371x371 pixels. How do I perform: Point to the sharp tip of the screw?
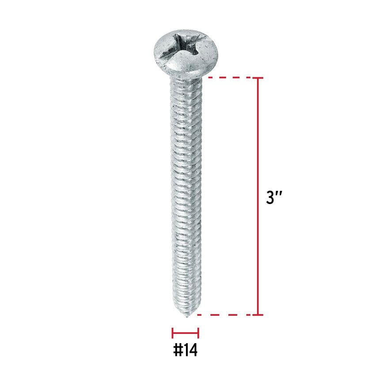coord(187,316)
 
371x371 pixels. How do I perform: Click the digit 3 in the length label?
coord(270,197)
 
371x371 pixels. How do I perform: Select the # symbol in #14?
coord(178,350)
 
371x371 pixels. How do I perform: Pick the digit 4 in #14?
coord(193,350)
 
